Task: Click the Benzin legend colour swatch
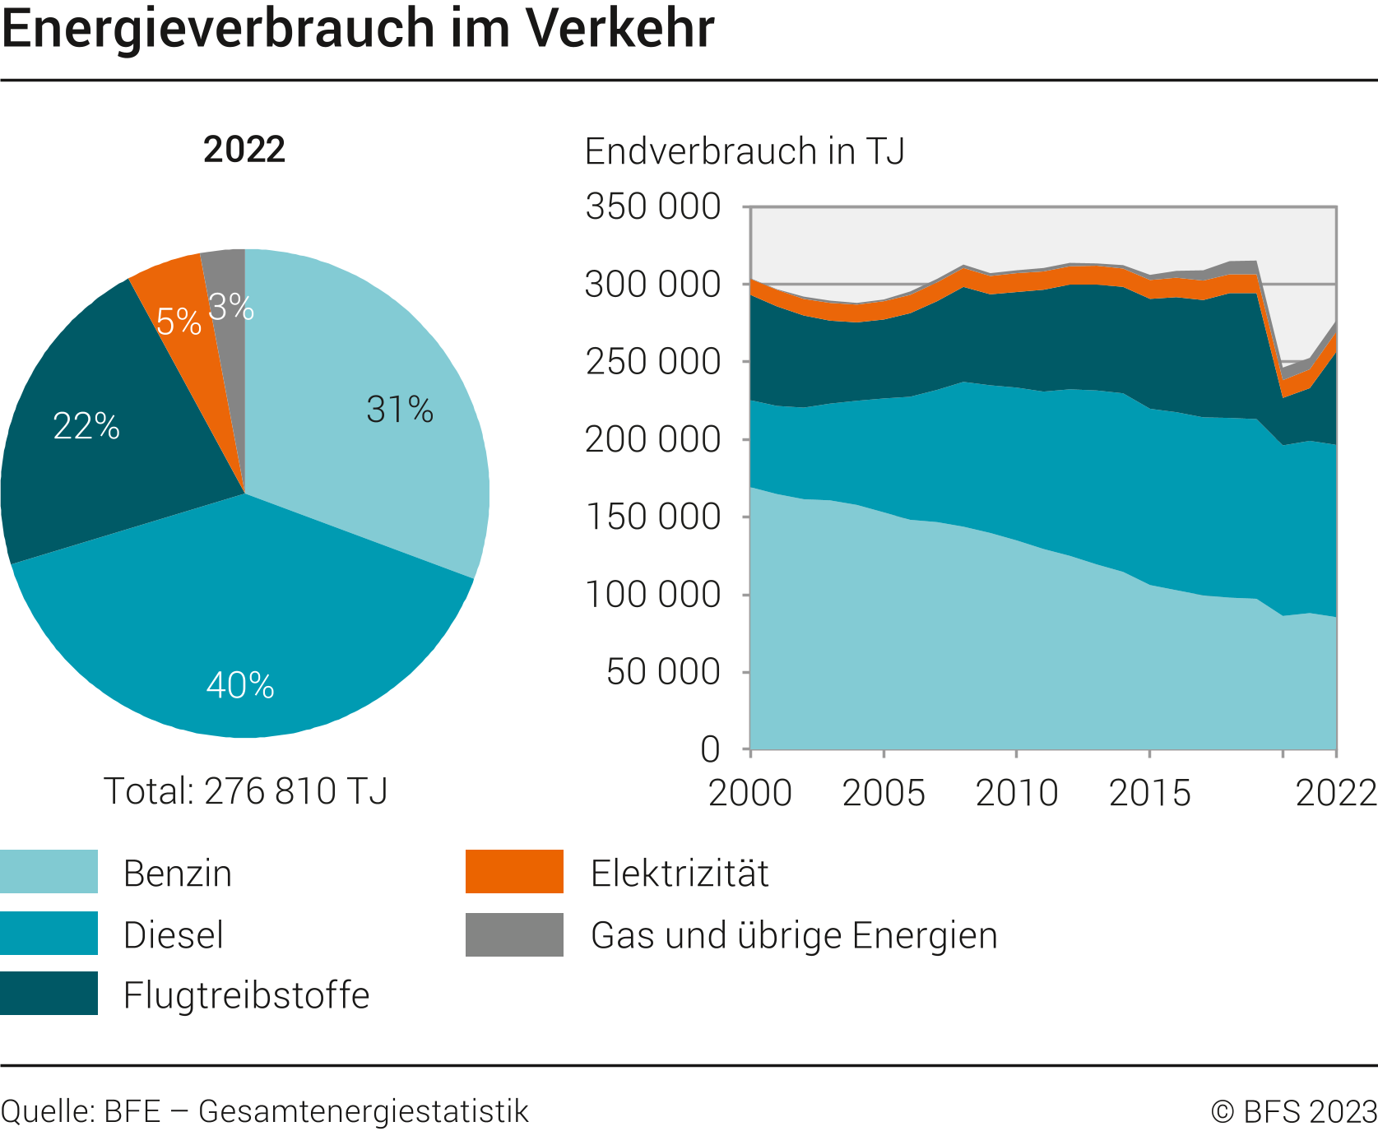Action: [49, 871]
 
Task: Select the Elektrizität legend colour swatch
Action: [514, 871]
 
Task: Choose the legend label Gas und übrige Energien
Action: [794, 935]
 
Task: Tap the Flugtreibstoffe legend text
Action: [246, 994]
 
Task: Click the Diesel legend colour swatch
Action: [49, 933]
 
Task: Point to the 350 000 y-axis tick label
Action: [652, 206]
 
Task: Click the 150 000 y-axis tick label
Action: [652, 517]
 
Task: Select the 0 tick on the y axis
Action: [710, 749]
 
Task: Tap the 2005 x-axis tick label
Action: [884, 792]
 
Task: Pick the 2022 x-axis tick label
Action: [1335, 792]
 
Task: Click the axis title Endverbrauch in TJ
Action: [745, 151]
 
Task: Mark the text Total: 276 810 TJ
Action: [245, 790]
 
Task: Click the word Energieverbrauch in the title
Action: [217, 28]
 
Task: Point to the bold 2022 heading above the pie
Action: [244, 149]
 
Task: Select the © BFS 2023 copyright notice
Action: [1293, 1111]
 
